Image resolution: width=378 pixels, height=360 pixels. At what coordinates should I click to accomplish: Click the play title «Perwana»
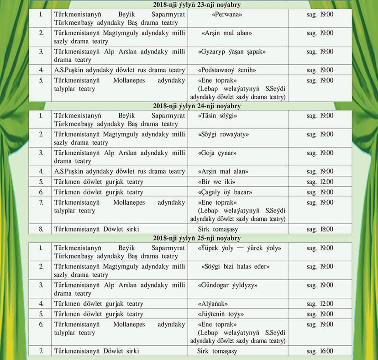pos(220,15)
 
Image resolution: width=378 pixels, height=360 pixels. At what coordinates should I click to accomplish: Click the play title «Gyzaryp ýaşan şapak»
pos(232,52)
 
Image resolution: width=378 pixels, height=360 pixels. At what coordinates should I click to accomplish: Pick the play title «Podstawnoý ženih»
pos(227,70)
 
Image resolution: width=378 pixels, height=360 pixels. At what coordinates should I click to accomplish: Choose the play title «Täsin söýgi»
pos(218,116)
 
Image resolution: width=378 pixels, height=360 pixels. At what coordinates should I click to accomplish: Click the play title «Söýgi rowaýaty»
pos(224,134)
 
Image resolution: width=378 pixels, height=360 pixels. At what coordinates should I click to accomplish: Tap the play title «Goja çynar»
pos(217,153)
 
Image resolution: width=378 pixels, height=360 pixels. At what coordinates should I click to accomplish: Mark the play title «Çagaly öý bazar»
pos(226,192)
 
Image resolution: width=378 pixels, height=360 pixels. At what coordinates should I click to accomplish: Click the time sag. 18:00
pos(320,229)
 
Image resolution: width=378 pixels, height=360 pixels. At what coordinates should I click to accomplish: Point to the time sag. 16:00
pos(320,351)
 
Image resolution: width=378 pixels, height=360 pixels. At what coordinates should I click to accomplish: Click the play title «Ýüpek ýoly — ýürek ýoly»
pos(240,248)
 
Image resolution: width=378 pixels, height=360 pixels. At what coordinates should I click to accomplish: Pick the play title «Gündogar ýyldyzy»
pos(228,285)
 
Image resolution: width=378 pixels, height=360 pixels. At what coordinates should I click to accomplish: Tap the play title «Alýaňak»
pos(213,304)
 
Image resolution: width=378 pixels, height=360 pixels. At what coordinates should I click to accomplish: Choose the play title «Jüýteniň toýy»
pos(221,314)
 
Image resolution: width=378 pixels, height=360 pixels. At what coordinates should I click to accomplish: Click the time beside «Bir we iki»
pos(320,182)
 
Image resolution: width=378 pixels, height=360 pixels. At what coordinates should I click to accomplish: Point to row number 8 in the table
pos(41,229)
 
